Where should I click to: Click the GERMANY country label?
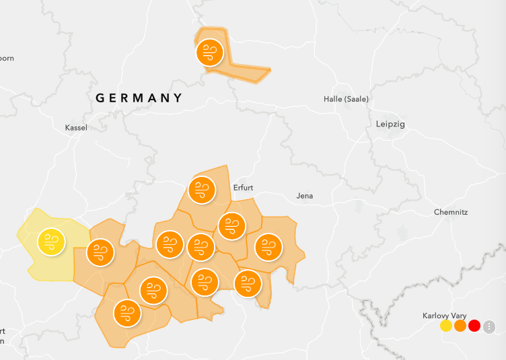[139, 98]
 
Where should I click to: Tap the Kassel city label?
[76, 128]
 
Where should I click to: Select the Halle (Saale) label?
[346, 99]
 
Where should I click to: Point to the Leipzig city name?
[390, 124]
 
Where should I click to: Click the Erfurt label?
[243, 188]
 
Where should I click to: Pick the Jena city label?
[305, 196]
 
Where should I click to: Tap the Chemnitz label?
[450, 212]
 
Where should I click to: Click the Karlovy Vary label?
[445, 316]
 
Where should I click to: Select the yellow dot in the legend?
[446, 326]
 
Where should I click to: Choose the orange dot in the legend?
[460, 326]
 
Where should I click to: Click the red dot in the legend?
[474, 326]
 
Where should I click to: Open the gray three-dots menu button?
[489, 326]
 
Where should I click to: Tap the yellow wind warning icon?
[51, 242]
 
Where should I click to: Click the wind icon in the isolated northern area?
[209, 52]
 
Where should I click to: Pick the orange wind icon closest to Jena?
[268, 247]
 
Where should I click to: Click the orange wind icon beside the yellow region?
[101, 252]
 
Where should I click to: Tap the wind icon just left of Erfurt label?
[201, 190]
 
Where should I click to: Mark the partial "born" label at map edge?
[7, 59]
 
